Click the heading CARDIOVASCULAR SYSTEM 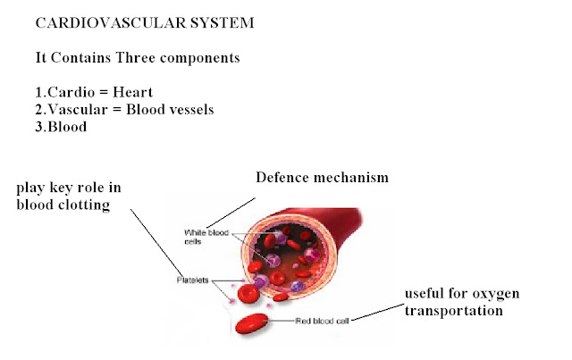[x=145, y=22]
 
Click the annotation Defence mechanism [x=322, y=178]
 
